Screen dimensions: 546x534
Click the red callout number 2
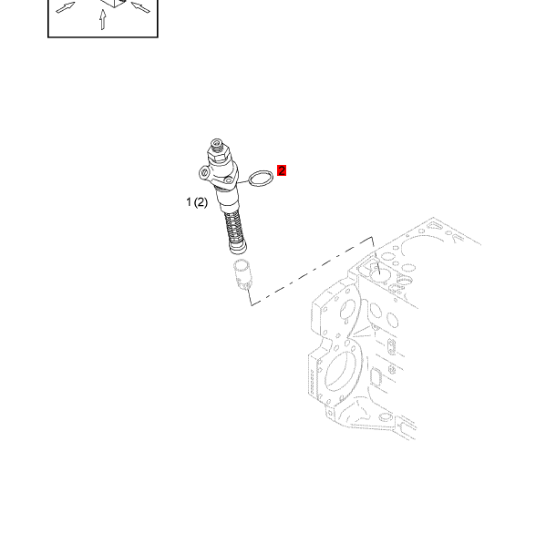coord(282,170)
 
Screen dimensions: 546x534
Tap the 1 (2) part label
coord(197,202)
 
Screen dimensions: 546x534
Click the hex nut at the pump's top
coord(219,153)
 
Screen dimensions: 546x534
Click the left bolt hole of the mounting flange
coord(204,172)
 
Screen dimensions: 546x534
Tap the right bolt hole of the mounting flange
coord(228,180)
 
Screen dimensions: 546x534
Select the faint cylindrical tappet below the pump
coord(242,274)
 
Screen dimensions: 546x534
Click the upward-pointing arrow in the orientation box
coord(102,19)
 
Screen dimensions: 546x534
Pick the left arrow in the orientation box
coord(66,7)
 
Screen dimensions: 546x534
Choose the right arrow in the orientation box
coord(140,7)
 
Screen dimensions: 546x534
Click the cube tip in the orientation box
coord(114,3)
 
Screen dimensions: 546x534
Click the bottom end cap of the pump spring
coord(238,248)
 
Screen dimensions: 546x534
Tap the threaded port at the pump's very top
coord(216,143)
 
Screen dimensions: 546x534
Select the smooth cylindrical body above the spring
coord(228,200)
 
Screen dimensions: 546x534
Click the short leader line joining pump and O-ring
coord(243,182)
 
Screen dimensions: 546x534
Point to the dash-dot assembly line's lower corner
coord(252,305)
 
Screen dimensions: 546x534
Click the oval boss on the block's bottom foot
coord(386,416)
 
